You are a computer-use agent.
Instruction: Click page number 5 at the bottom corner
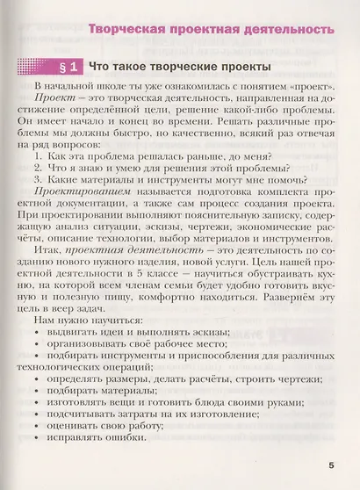tap(331, 466)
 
